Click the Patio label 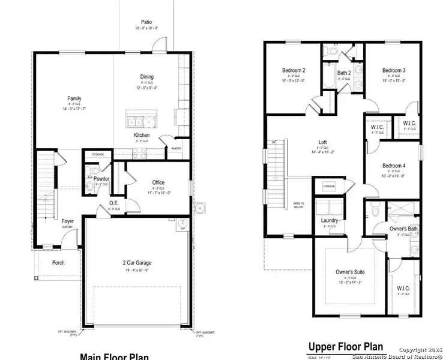tap(146, 21)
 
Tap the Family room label tap(74, 98)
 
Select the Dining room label tap(146, 77)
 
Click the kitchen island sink tap(135, 122)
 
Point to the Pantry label tap(176, 148)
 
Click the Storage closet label tap(98, 155)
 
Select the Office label tap(158, 182)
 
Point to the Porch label tap(58, 262)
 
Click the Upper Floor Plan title tap(345, 347)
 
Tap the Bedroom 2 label tap(294, 70)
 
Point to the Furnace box tap(329, 187)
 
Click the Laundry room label tap(330, 220)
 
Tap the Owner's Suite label tap(350, 272)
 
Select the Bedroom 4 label tap(394, 166)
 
